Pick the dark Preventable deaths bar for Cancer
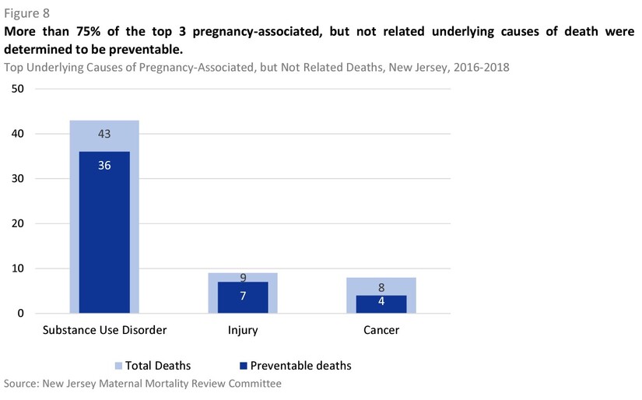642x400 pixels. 381,305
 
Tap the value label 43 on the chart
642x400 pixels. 104,134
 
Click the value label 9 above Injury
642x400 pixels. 243,277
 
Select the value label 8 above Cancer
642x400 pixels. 381,287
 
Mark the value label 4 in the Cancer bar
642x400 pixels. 381,302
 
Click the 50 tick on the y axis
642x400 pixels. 17,89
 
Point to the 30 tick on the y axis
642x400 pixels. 17,179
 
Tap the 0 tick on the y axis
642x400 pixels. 20,314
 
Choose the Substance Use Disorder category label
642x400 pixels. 104,330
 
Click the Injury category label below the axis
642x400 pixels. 243,330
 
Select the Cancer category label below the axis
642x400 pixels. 381,330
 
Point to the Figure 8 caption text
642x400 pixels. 26,12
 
